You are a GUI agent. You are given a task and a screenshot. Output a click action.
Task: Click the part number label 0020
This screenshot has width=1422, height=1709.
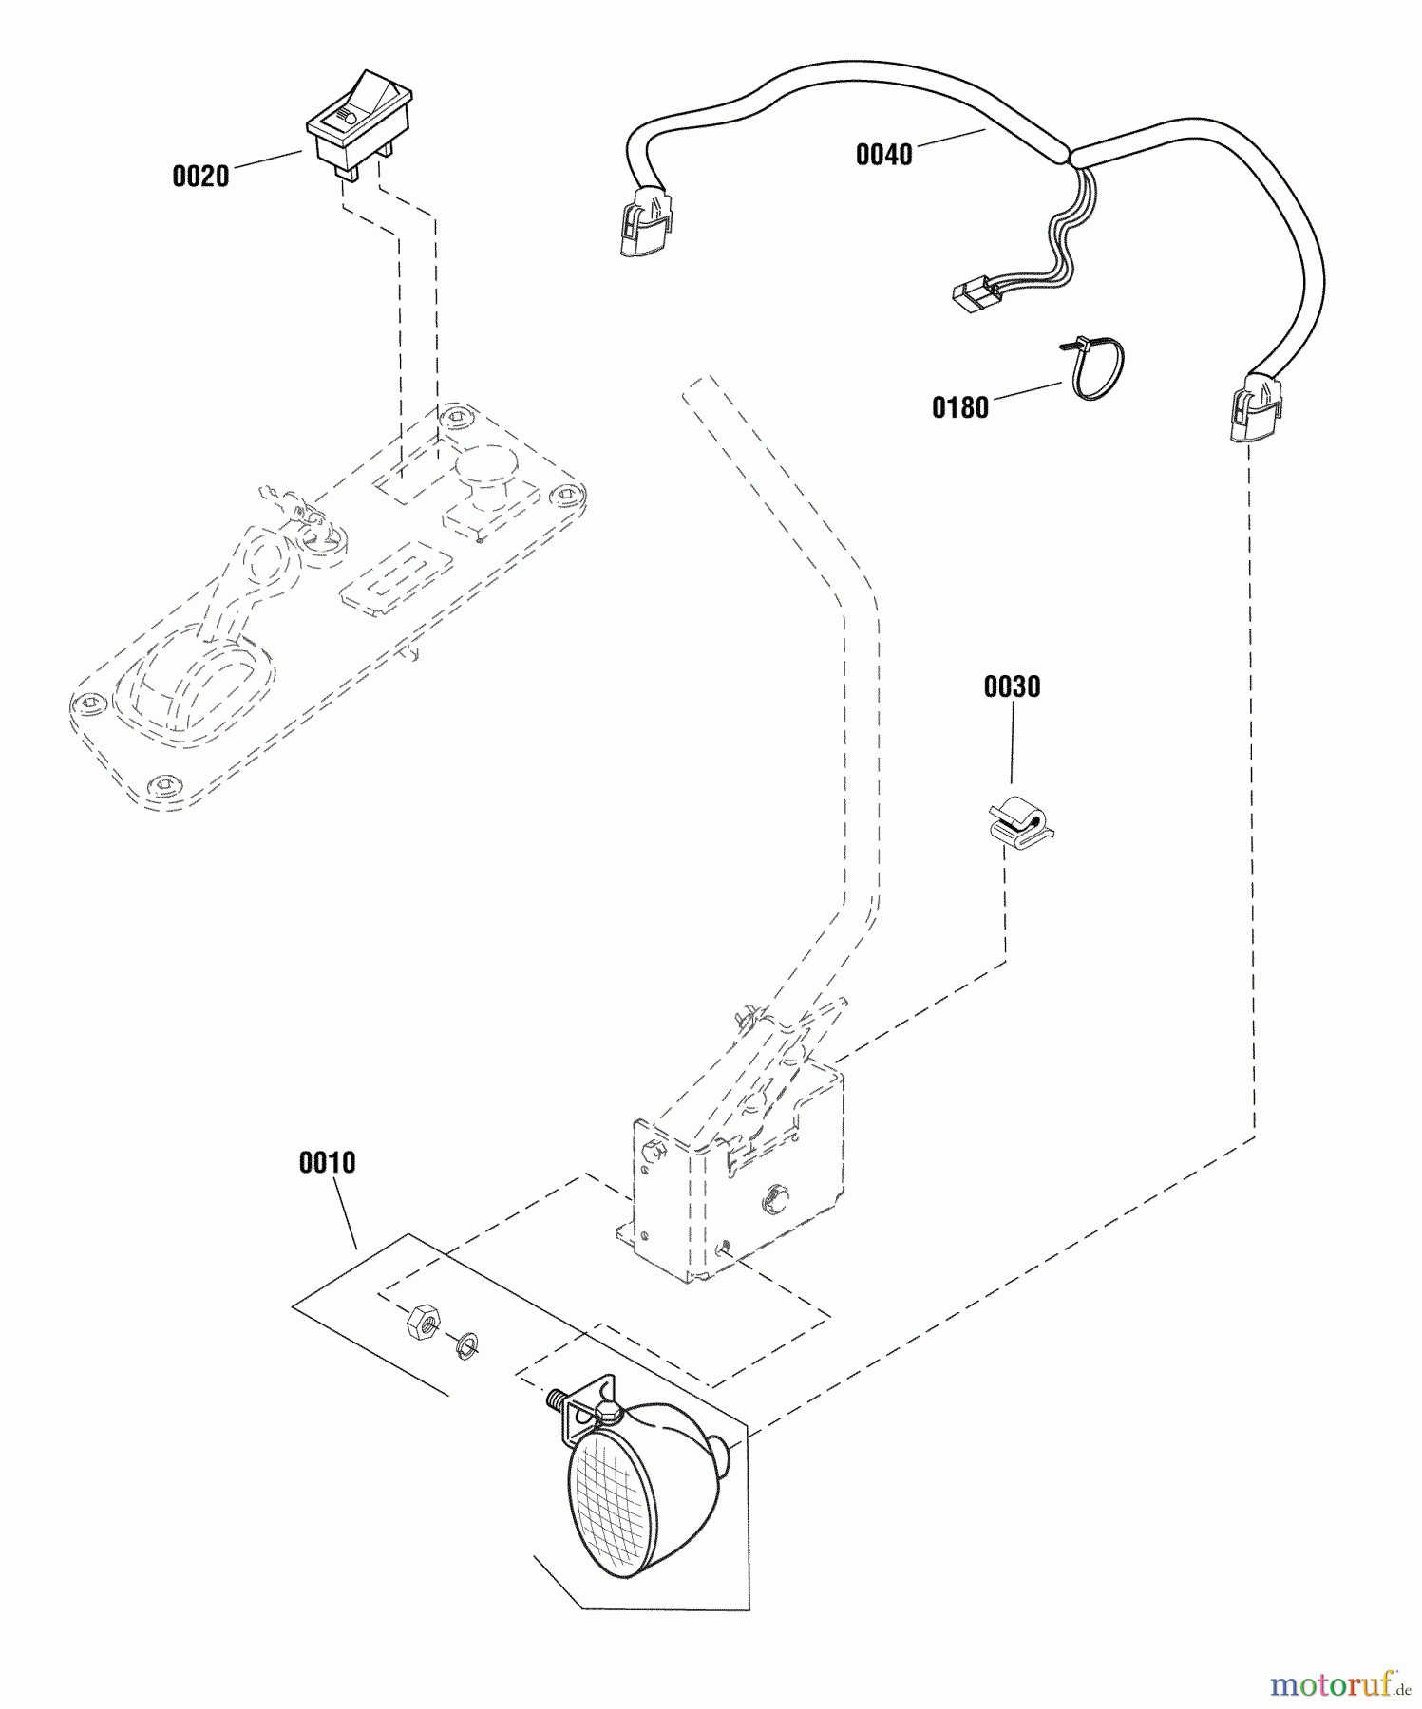tap(200, 177)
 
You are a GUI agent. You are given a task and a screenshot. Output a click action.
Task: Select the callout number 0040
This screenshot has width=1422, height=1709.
tap(883, 155)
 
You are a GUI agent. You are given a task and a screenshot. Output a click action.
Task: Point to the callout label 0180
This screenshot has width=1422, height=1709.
tap(959, 408)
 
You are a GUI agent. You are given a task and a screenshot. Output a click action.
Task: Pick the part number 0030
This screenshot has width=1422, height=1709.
tap(1012, 687)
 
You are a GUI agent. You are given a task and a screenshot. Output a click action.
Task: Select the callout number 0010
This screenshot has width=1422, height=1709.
tap(327, 1163)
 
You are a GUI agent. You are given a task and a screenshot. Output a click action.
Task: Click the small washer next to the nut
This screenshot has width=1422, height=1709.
tap(465, 1343)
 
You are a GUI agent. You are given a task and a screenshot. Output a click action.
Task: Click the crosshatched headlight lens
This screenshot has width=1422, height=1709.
tap(608, 1510)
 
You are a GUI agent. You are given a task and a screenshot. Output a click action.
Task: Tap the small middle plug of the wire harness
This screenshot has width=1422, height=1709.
tap(969, 298)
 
